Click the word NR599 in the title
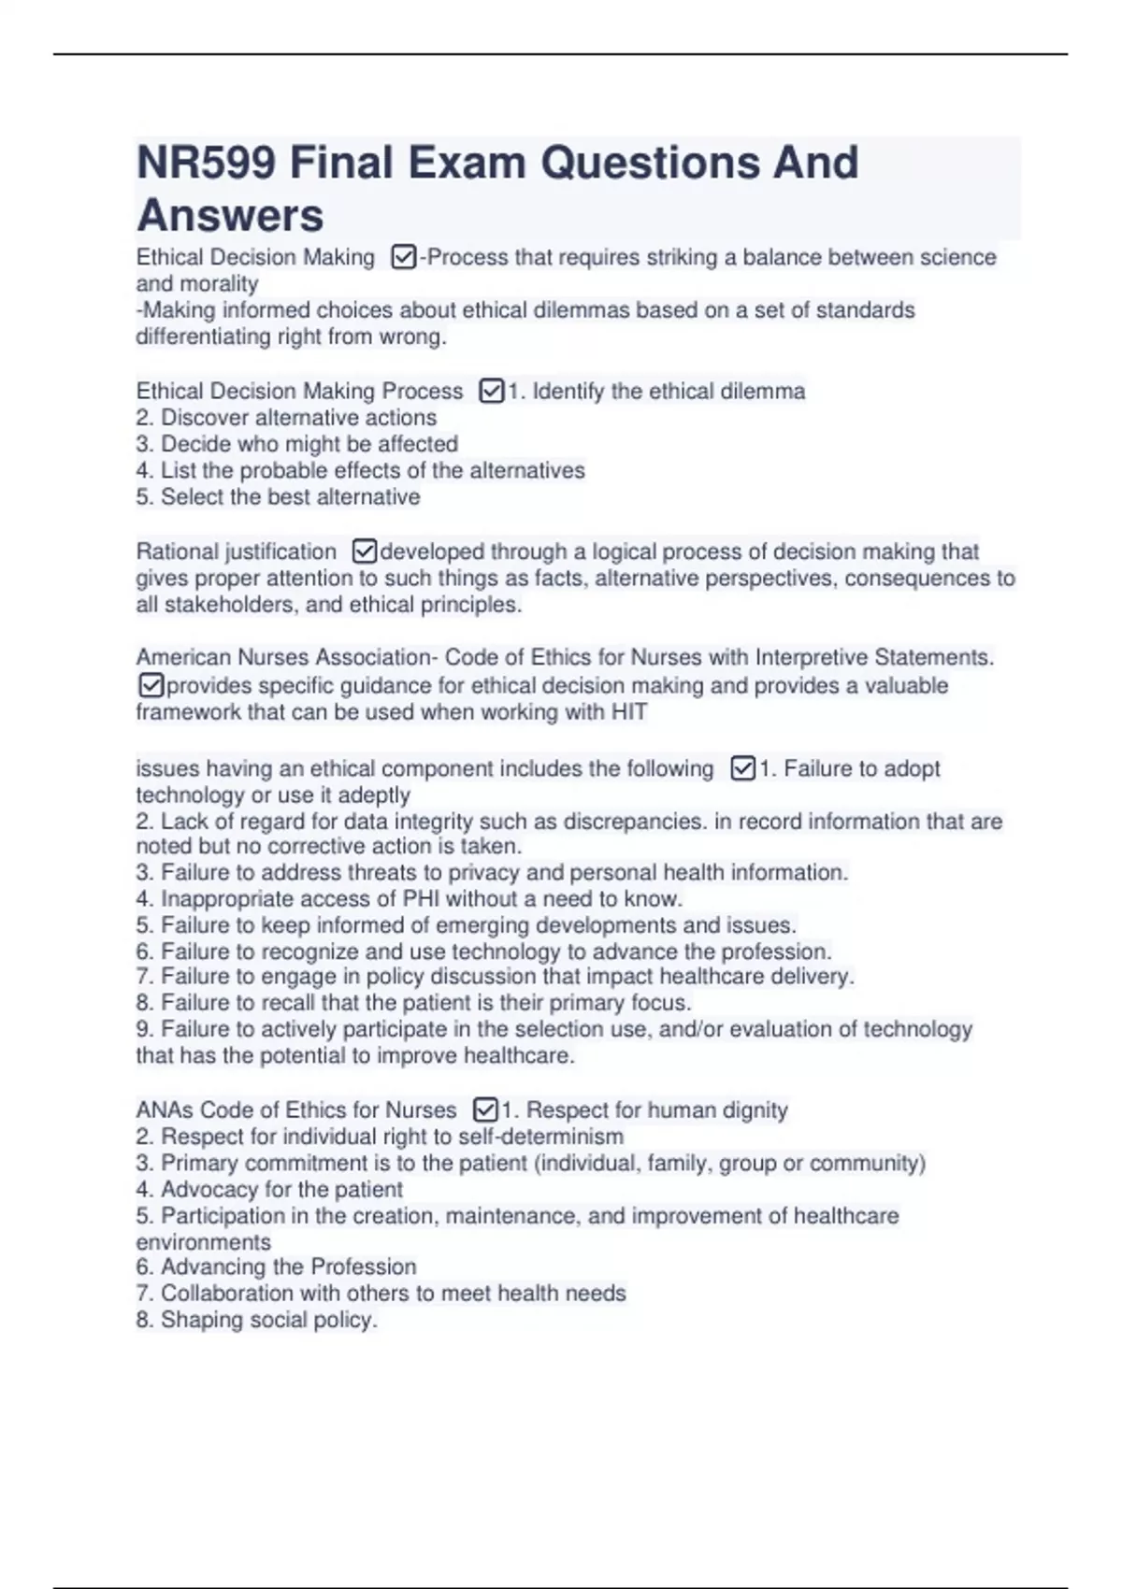[x=207, y=163]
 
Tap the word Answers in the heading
[x=230, y=215]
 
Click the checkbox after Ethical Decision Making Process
[x=491, y=391]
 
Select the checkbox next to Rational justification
[x=365, y=551]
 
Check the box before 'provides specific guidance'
[x=151, y=685]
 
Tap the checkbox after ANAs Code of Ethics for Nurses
[x=485, y=1109]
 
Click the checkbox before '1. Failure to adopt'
[x=742, y=768]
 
